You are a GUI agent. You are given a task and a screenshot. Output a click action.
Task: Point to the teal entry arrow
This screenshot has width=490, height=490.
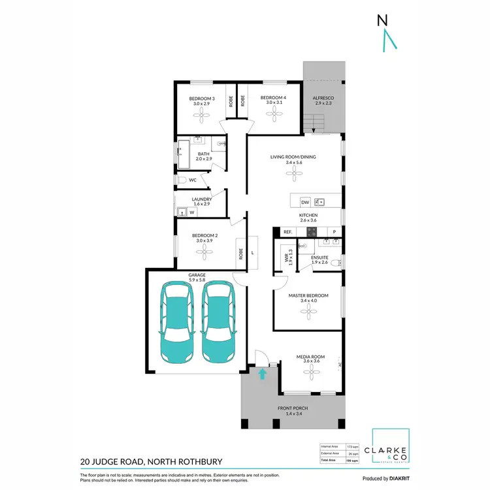[x=263, y=374]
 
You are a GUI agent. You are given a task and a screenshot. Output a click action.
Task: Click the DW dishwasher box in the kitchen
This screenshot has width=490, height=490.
[x=304, y=202]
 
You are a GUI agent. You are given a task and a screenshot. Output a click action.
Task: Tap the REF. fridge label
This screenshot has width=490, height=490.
[x=287, y=232]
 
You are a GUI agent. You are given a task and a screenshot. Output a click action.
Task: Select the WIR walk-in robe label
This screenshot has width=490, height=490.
[x=286, y=257]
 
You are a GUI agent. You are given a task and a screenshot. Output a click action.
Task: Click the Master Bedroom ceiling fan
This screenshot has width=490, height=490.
[x=308, y=311]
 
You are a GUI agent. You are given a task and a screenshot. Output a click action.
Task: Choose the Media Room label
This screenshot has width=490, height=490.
[x=308, y=357]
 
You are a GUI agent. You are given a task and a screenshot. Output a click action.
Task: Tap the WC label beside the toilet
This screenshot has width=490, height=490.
[x=193, y=179]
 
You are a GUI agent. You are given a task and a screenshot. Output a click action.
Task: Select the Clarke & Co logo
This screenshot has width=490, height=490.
[x=391, y=449]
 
